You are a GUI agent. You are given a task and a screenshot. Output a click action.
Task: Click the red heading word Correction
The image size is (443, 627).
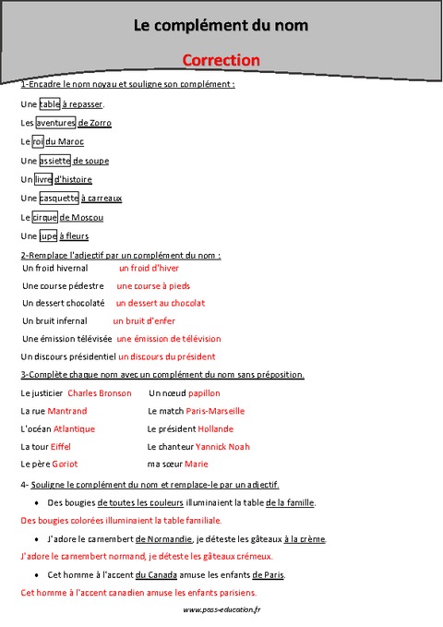coord(221,60)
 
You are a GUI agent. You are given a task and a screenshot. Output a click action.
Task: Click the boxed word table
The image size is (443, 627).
coord(50,104)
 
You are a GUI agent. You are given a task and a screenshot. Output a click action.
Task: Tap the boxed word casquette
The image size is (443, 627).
coord(59,198)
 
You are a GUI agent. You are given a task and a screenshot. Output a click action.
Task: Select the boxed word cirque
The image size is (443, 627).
coord(44,217)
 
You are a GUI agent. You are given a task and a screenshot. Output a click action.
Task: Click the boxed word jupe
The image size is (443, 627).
coord(51,235)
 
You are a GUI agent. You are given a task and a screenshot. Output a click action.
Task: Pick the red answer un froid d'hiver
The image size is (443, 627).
coord(149,268)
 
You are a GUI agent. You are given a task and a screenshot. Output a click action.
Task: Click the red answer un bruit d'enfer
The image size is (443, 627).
coord(144,320)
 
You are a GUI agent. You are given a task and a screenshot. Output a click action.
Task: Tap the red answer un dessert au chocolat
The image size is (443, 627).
coord(161,303)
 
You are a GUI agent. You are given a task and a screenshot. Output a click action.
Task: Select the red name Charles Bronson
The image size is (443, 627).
coord(100,392)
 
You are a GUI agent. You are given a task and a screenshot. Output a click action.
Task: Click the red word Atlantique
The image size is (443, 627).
coord(74,428)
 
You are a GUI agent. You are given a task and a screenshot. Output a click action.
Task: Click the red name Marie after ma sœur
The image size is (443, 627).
coord(197,464)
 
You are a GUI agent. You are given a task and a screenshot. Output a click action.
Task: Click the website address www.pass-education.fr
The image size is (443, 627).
coord(222,610)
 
